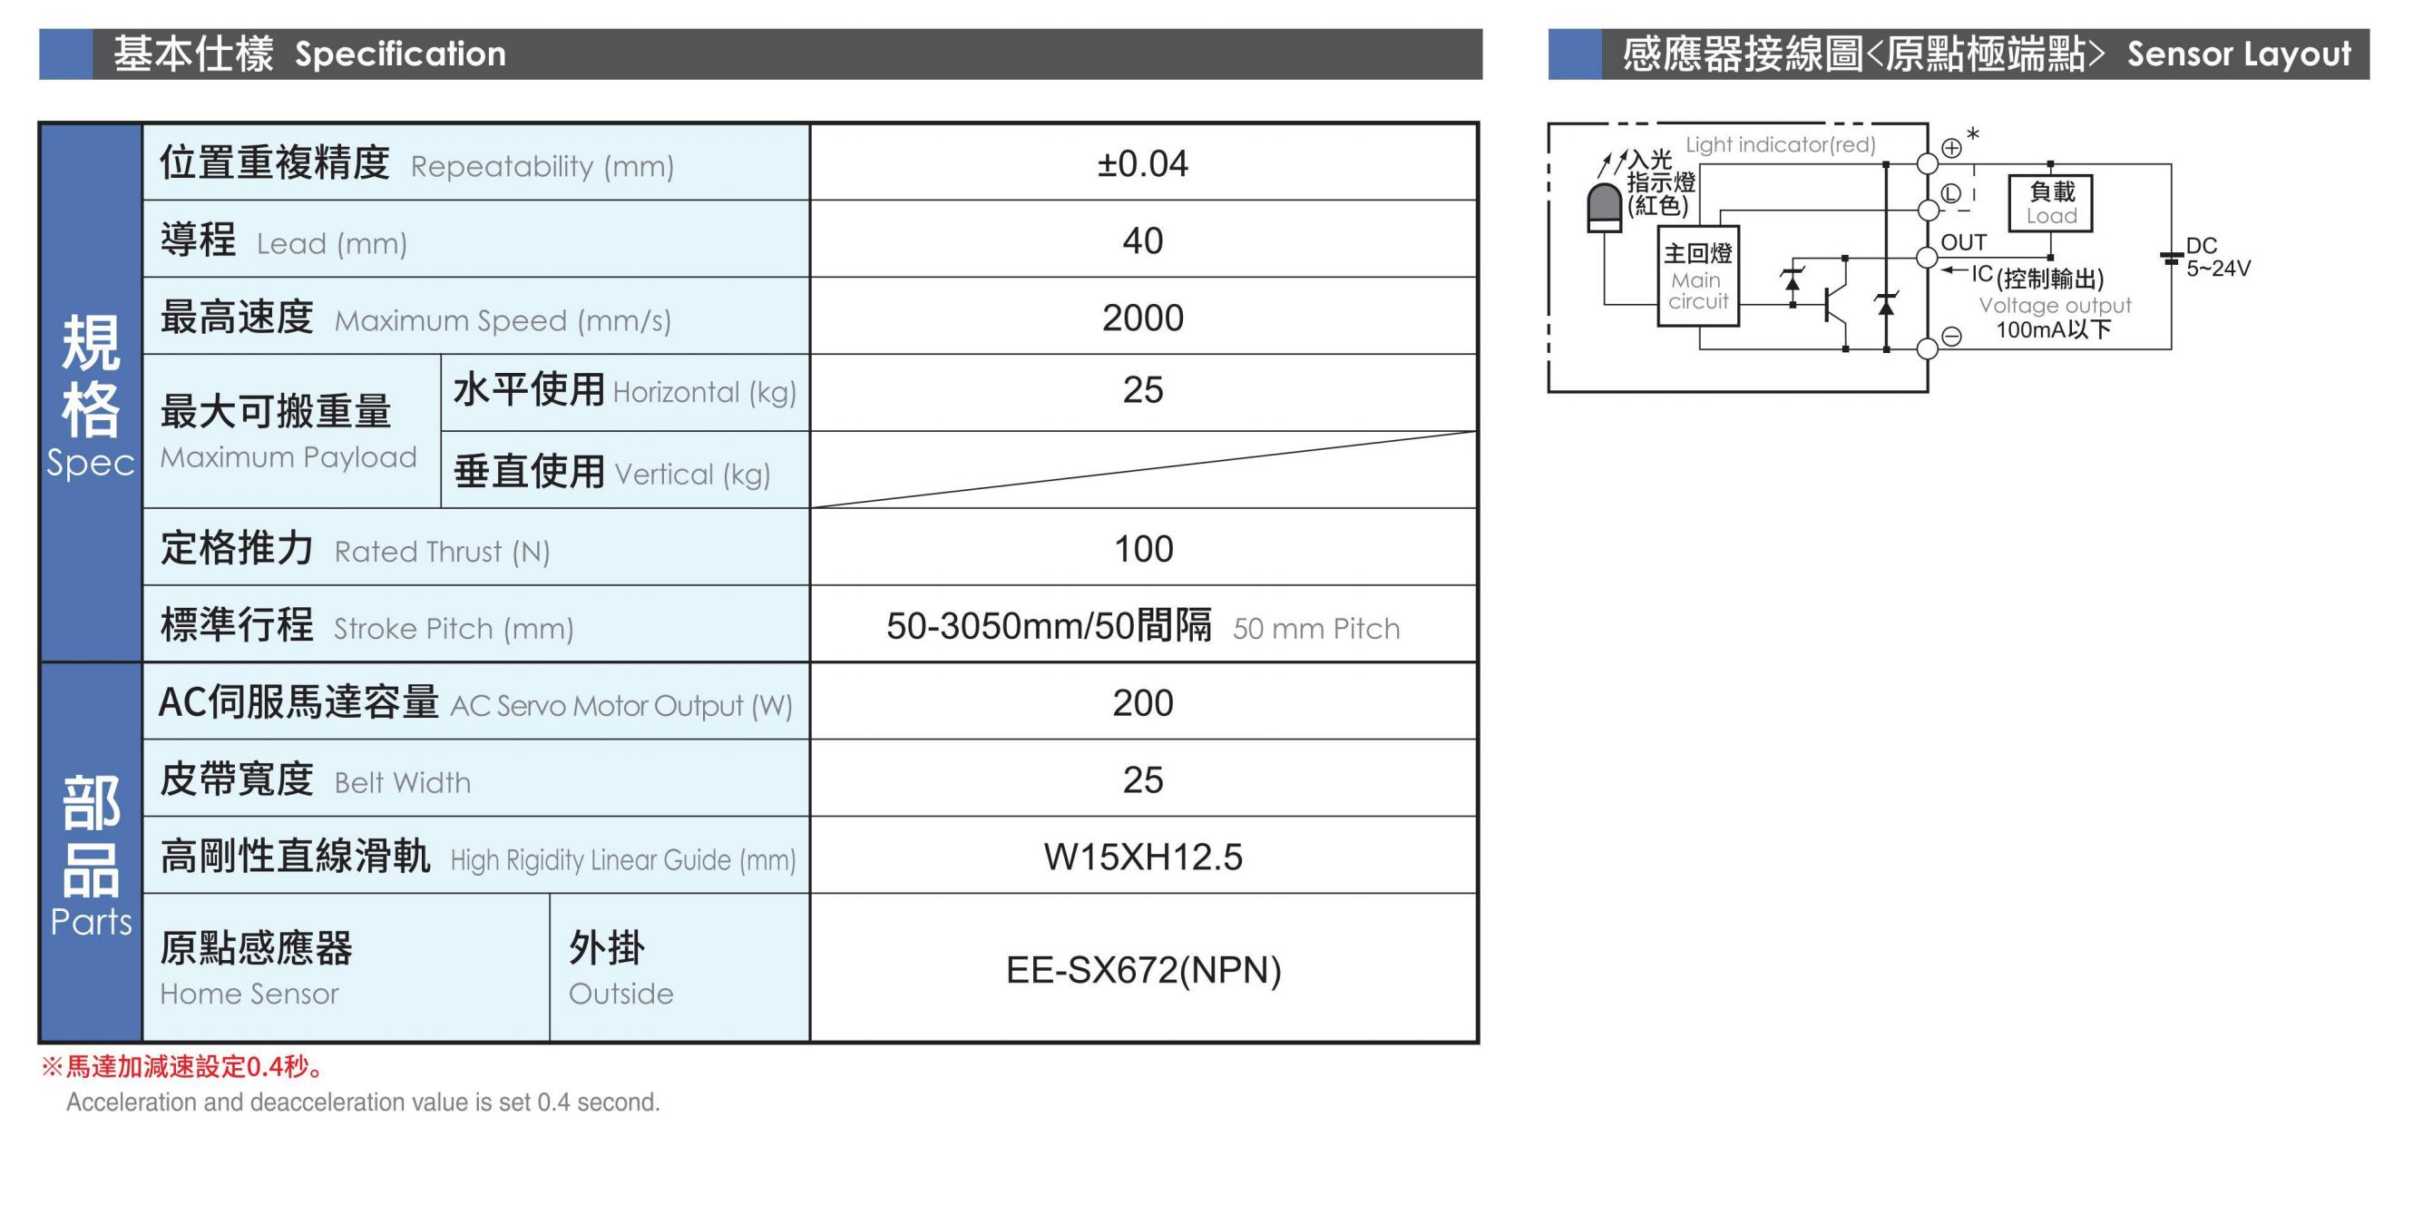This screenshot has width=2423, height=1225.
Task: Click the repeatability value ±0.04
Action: click(1142, 163)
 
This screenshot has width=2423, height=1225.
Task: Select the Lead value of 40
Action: click(1143, 240)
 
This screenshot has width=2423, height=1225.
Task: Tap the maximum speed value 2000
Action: click(1143, 318)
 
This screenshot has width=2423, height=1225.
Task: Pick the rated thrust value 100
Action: click(1143, 548)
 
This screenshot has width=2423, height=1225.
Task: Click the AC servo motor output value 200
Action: click(1143, 703)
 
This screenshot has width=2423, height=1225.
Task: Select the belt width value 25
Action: click(1143, 780)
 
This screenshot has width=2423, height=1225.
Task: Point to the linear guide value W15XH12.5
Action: click(1143, 857)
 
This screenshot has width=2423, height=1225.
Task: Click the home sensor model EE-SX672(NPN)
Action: click(1144, 970)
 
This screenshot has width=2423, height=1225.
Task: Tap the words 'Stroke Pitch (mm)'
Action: click(454, 629)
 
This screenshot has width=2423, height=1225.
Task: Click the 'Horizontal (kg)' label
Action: click(705, 391)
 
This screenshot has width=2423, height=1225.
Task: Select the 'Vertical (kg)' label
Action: click(692, 474)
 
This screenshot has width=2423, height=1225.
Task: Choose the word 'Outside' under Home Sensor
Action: click(620, 994)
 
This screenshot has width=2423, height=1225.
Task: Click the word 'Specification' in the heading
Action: click(401, 54)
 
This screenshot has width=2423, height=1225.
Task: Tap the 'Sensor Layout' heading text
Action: click(2239, 54)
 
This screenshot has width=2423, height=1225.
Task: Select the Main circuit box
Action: click(1698, 277)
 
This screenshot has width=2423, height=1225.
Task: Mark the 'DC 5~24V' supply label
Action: click(2217, 257)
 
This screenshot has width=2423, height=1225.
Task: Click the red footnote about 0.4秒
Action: click(182, 1066)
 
